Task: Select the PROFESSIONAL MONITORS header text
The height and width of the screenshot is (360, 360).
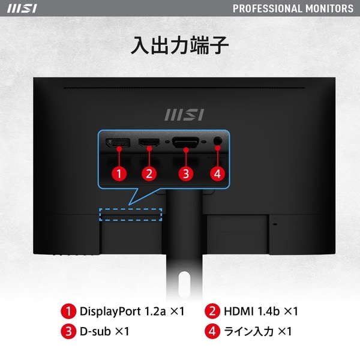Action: coord(293,8)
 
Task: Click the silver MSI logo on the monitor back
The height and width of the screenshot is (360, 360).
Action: coord(184,114)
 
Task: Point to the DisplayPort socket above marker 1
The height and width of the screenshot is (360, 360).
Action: coord(119,144)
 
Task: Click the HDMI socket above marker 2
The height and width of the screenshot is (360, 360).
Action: coord(149,144)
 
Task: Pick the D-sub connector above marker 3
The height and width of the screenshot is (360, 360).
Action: coord(186,143)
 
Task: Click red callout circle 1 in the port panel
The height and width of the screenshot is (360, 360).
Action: coord(119,174)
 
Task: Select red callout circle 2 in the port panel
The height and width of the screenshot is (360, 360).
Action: coord(149,174)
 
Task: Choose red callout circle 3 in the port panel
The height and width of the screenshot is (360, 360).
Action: coord(186,174)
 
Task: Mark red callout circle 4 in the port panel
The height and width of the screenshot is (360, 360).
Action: coord(217,174)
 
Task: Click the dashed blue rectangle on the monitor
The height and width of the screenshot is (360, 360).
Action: coord(131,214)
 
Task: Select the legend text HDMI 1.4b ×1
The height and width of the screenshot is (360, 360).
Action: coord(260,311)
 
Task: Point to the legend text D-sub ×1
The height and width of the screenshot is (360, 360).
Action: coord(104,331)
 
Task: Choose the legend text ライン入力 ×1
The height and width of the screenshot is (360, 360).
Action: coord(257,331)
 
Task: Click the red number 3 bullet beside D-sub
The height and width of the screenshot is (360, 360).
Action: coord(68,331)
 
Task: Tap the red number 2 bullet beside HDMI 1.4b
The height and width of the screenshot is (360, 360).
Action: coord(212,311)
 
